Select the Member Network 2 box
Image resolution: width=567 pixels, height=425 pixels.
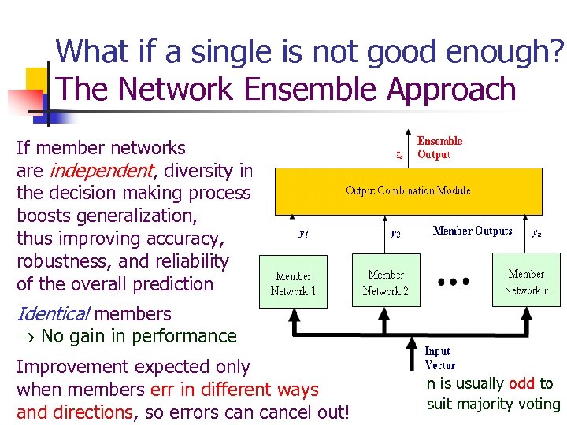386,283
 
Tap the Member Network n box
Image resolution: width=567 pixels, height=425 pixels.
526,283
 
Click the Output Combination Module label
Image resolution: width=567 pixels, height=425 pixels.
408,190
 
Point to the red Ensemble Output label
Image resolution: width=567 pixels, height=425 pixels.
439,148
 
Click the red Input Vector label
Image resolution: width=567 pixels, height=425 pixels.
439,358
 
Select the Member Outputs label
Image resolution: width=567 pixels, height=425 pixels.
472,231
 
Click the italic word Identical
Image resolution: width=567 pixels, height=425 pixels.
52,313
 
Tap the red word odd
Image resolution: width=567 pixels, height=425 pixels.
521,383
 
